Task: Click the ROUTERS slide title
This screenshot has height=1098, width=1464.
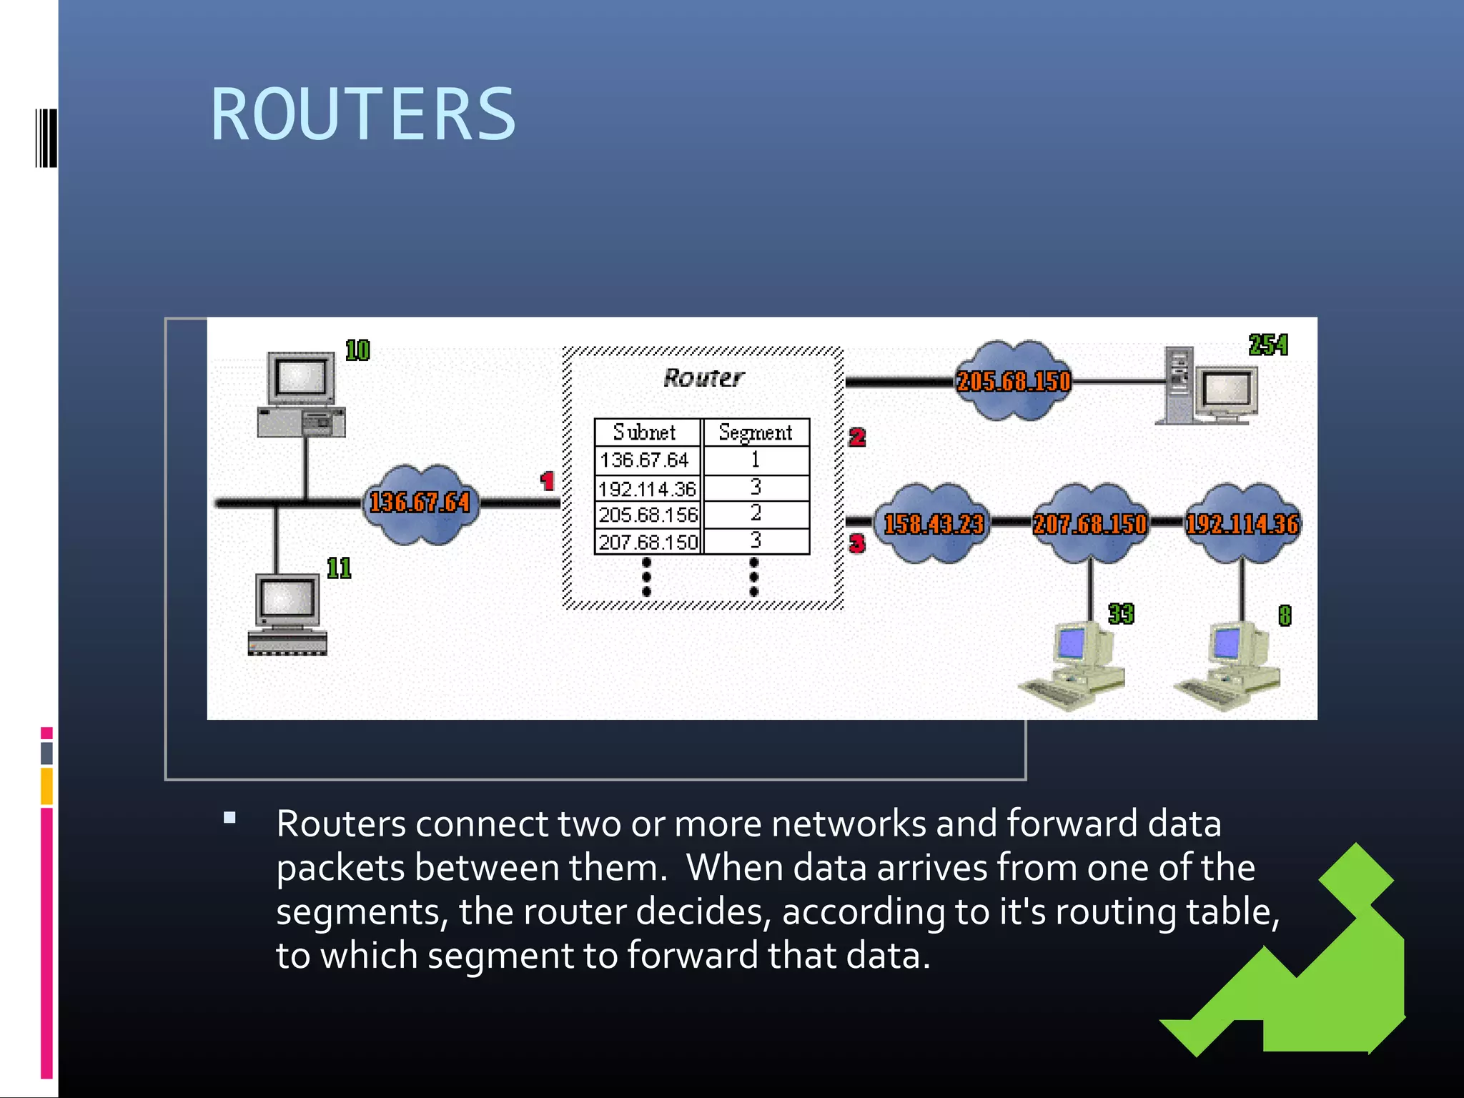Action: pos(363,114)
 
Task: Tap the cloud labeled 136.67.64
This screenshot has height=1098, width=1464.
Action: pos(420,503)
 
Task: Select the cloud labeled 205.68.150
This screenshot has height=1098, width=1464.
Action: pos(1014,381)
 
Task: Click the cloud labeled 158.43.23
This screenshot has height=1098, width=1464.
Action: pos(934,524)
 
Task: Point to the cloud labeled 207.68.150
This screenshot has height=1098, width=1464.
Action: pos(1089,524)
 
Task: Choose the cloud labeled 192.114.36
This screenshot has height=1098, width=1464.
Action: pos(1242,524)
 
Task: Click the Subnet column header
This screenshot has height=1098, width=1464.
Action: pos(645,432)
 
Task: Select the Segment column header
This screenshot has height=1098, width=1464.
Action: pos(756,432)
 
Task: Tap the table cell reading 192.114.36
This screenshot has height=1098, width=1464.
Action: pos(648,489)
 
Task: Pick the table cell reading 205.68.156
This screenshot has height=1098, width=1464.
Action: pos(648,515)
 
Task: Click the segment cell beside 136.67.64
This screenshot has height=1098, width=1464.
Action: pos(756,460)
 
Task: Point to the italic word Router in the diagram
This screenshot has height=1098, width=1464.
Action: pos(703,377)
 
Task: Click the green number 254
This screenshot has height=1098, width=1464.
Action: pos(1268,345)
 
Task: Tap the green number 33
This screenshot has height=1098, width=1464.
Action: pos(1121,614)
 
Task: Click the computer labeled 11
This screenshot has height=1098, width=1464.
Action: pos(287,615)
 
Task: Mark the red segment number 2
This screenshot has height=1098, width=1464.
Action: pos(857,437)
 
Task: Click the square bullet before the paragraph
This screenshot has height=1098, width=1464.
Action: pos(229,818)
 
